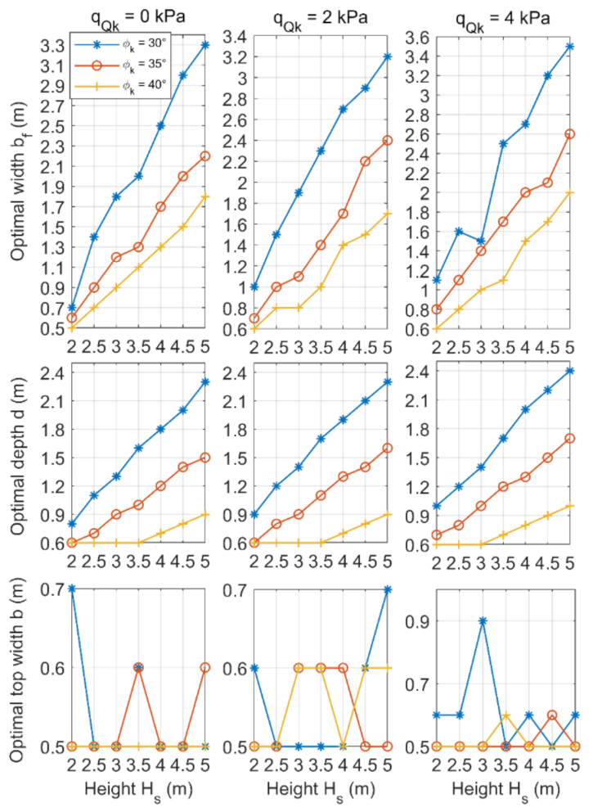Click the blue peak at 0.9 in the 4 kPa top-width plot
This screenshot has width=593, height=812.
483,620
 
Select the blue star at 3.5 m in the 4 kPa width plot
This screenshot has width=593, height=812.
570,46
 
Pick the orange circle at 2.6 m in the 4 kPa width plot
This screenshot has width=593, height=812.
570,133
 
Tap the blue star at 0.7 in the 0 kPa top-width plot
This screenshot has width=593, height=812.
72,589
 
